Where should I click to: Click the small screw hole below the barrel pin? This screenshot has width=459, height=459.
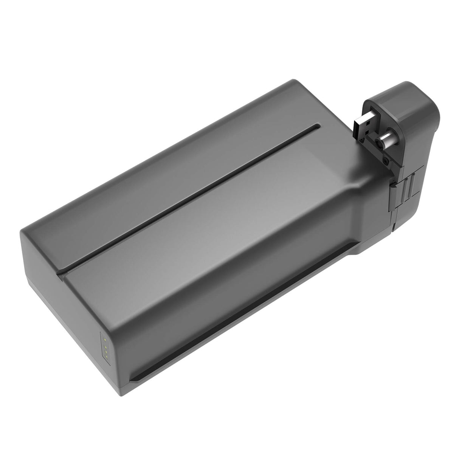point(386,161)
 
